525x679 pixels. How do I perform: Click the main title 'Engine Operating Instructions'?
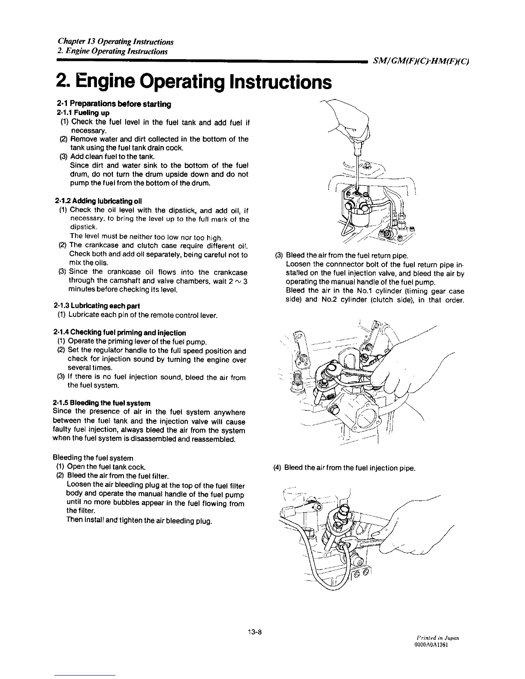193,81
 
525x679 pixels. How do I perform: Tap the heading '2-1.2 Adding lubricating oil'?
99,201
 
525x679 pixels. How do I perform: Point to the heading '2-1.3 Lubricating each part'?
97,306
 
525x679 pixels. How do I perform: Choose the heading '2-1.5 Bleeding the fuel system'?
101,403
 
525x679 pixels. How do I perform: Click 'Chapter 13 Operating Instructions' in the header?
115,42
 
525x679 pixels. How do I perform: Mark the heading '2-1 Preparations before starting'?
114,104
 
